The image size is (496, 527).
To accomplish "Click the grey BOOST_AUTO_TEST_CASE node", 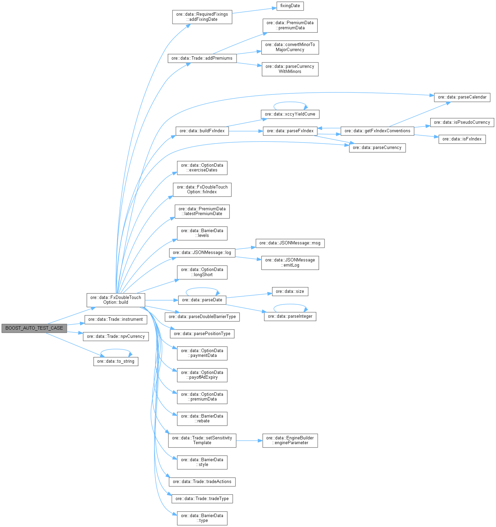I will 34,328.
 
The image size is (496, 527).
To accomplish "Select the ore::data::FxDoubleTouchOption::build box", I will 116,300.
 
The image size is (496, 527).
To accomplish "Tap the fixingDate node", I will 290,6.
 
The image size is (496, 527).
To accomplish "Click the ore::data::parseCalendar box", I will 462,97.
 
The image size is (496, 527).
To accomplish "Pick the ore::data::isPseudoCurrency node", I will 462,122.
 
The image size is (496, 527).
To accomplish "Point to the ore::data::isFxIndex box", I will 462,139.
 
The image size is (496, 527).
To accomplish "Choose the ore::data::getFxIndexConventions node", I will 377,131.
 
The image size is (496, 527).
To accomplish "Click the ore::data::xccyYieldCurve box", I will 290,114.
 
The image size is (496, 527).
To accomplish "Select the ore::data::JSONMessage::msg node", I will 290,243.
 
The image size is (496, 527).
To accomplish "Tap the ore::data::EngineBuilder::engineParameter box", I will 290,440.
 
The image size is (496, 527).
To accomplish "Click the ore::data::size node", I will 290,291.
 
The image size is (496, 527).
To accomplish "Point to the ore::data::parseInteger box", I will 290,316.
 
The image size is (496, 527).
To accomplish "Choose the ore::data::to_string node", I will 116,361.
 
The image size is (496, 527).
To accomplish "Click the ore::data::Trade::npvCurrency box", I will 116,336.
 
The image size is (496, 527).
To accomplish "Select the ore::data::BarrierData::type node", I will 202,518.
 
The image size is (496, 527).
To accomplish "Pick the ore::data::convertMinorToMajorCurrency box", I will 290,47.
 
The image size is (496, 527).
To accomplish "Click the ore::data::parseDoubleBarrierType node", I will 202,317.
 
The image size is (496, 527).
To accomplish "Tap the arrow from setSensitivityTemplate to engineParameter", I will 249,440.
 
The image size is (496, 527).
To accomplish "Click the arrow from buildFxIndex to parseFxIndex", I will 245,131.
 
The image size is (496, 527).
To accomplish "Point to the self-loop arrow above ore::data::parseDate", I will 202,288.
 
